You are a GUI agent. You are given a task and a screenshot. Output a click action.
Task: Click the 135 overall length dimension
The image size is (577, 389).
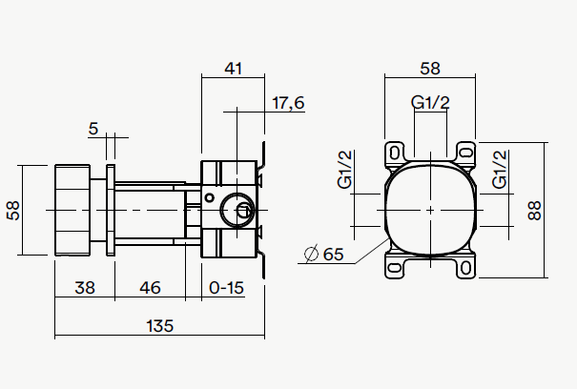(x=159, y=325)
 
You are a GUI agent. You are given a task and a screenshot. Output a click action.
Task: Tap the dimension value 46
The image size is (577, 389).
(x=150, y=286)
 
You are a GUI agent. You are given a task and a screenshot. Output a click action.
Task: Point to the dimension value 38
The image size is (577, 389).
(x=84, y=286)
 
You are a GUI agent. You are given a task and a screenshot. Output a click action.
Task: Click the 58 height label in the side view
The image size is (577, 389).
(x=13, y=210)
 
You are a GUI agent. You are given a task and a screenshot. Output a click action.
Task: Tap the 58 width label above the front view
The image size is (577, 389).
(x=430, y=68)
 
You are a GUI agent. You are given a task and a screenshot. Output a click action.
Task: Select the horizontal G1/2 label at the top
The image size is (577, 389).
(x=430, y=102)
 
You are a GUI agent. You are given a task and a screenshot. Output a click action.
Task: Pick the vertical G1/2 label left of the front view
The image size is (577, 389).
(x=346, y=171)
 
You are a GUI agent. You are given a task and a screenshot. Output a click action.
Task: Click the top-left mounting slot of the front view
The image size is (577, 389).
(x=395, y=151)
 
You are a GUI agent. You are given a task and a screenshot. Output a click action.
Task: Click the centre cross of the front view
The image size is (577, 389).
(x=431, y=210)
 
